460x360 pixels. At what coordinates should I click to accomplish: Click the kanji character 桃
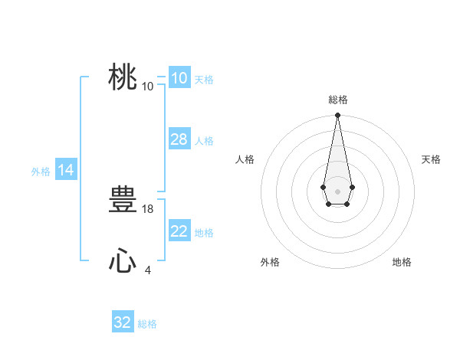(123, 77)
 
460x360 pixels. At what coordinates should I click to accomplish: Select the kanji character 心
(123, 262)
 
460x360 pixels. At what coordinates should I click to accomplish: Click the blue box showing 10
(179, 78)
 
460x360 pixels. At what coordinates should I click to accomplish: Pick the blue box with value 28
(179, 139)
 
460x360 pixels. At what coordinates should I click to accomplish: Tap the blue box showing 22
(179, 231)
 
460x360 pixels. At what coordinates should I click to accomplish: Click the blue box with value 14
(66, 170)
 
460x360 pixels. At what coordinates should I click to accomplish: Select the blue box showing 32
(123, 322)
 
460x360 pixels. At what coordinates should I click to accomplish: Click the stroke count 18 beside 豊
(148, 208)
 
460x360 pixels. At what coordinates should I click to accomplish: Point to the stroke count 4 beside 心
(148, 270)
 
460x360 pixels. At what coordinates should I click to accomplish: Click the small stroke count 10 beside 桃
(148, 86)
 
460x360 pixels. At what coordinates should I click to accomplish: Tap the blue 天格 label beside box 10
(204, 80)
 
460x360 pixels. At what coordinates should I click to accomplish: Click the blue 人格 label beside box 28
(204, 141)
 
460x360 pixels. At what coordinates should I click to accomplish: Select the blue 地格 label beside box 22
(204, 233)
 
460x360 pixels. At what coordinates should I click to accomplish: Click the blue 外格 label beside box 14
(41, 172)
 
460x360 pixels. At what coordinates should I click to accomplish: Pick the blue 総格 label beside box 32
(147, 324)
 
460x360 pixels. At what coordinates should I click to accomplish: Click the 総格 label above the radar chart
(337, 100)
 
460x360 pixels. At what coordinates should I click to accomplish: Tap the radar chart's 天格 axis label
(431, 159)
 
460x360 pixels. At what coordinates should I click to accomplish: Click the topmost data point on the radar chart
(337, 116)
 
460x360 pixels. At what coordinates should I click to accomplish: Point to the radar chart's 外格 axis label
(270, 262)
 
